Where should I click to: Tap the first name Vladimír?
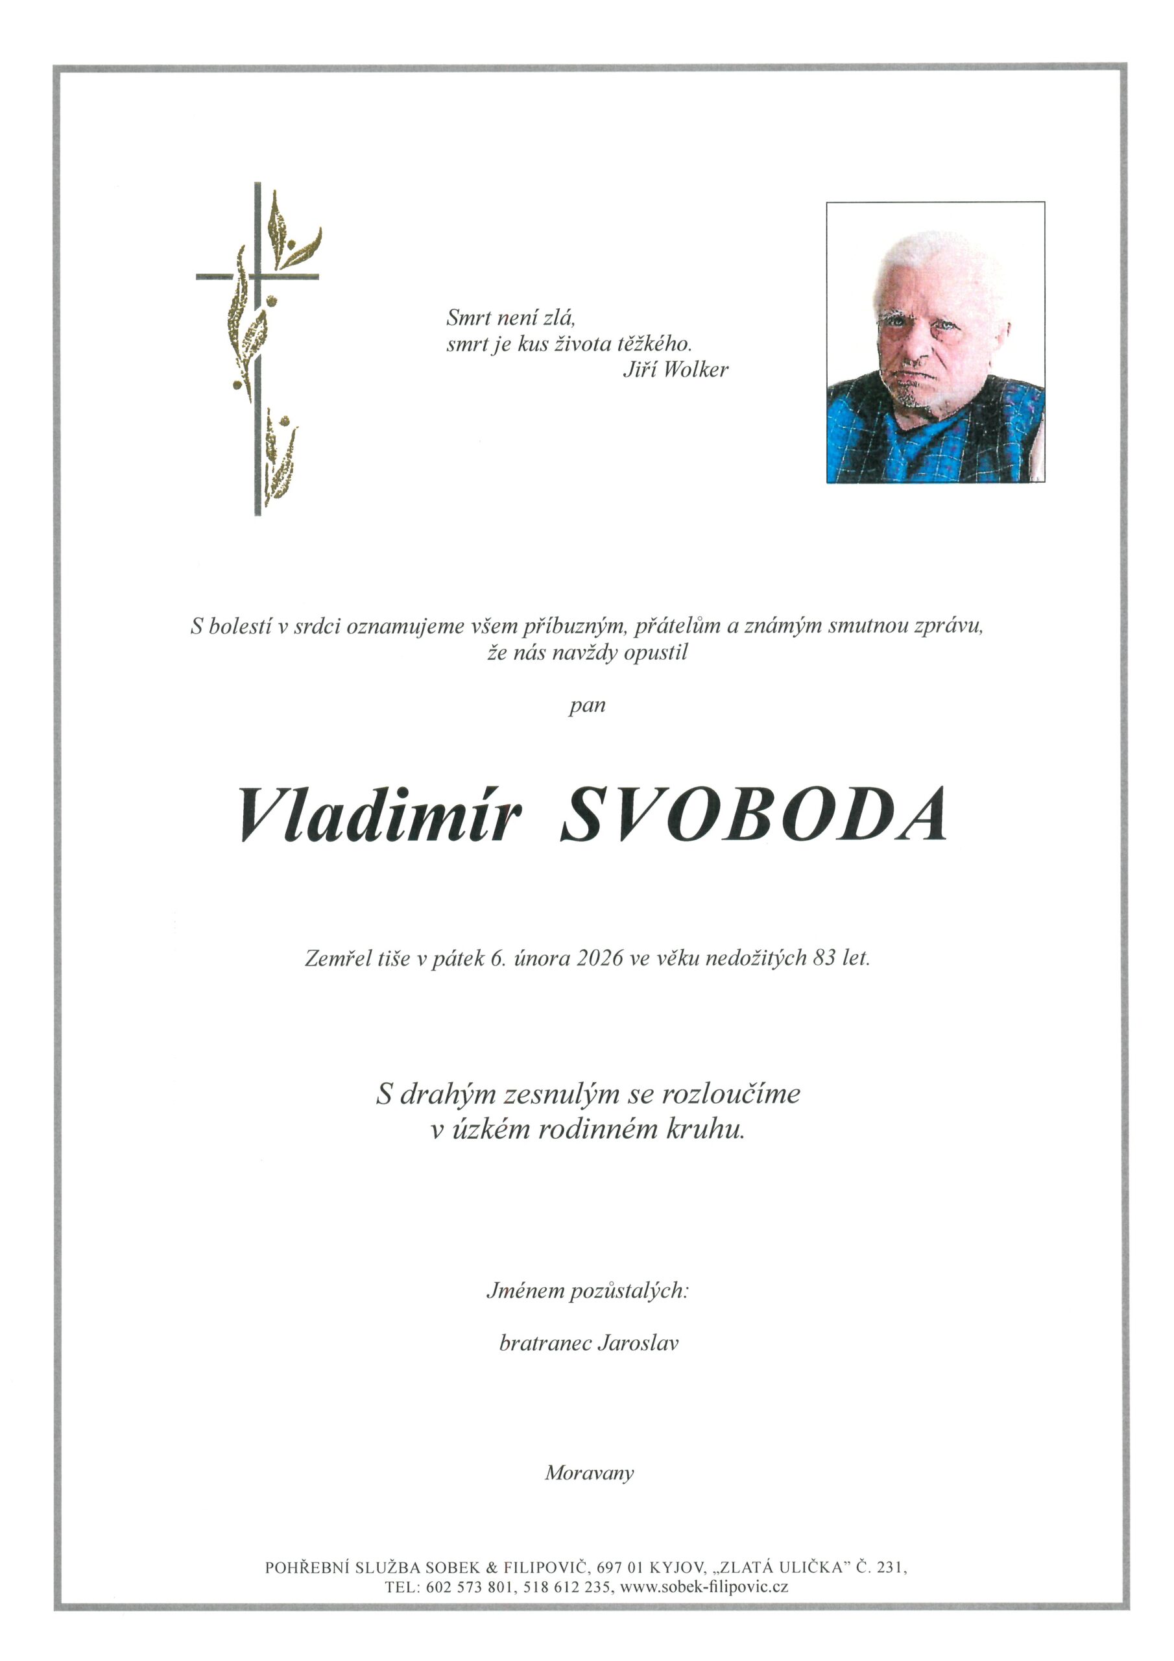point(379,814)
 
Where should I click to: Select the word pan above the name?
point(586,705)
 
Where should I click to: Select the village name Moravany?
point(589,1472)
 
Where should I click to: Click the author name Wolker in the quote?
point(695,370)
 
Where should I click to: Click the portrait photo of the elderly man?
point(935,342)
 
